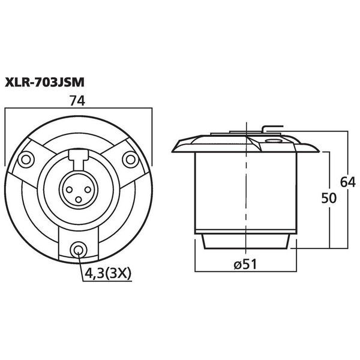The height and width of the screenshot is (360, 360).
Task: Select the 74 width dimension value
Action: pos(76,102)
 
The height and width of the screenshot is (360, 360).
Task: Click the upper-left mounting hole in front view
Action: pos(26,159)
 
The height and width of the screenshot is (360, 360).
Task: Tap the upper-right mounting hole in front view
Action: pos(129,159)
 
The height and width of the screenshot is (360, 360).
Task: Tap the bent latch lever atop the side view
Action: pos(271,128)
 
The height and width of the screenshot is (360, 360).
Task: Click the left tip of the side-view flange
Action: pos(175,146)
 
